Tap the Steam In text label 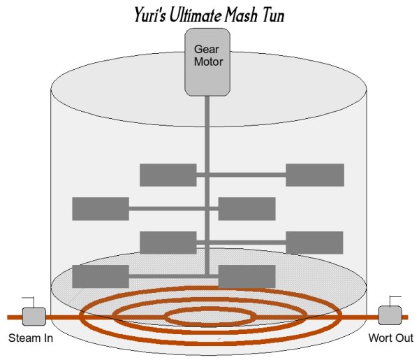click(x=30, y=339)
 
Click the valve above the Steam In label click(x=33, y=317)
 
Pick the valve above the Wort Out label click(x=388, y=315)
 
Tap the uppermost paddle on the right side click(x=315, y=175)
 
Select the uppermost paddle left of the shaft click(x=168, y=175)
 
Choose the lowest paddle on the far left click(x=100, y=276)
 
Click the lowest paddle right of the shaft click(x=247, y=276)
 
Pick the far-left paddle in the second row click(x=100, y=208)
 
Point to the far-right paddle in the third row click(x=315, y=243)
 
